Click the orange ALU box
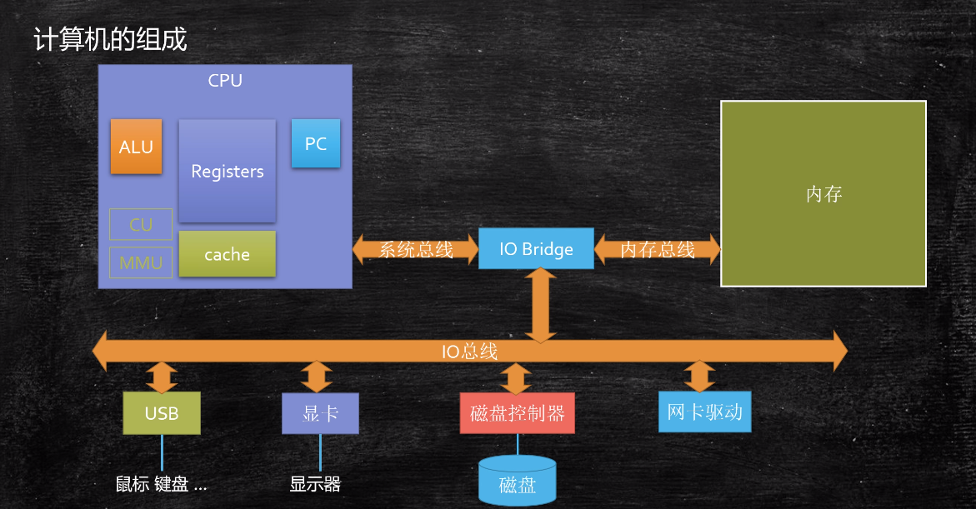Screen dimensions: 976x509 (x=137, y=147)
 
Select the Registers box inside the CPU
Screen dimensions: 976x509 (x=228, y=171)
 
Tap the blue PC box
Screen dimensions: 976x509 (x=316, y=143)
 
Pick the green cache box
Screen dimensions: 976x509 (x=228, y=254)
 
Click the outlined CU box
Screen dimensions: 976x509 (x=141, y=225)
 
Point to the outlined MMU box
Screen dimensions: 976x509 (x=141, y=262)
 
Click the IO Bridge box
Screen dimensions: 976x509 (x=536, y=249)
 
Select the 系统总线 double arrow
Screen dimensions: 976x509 (x=415, y=250)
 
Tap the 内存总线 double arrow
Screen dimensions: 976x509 (x=658, y=250)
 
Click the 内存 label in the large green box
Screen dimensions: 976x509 (x=823, y=194)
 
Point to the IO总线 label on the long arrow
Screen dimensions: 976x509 (x=469, y=352)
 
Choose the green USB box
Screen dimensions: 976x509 (x=162, y=412)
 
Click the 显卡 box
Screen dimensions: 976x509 (x=320, y=413)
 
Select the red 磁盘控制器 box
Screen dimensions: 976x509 (x=518, y=412)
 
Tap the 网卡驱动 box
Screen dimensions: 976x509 (x=704, y=412)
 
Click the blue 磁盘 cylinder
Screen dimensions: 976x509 (x=518, y=480)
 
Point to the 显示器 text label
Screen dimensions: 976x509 (x=315, y=483)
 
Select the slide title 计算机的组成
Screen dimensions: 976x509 (x=110, y=39)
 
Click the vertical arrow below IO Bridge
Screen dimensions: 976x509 (x=540, y=306)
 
